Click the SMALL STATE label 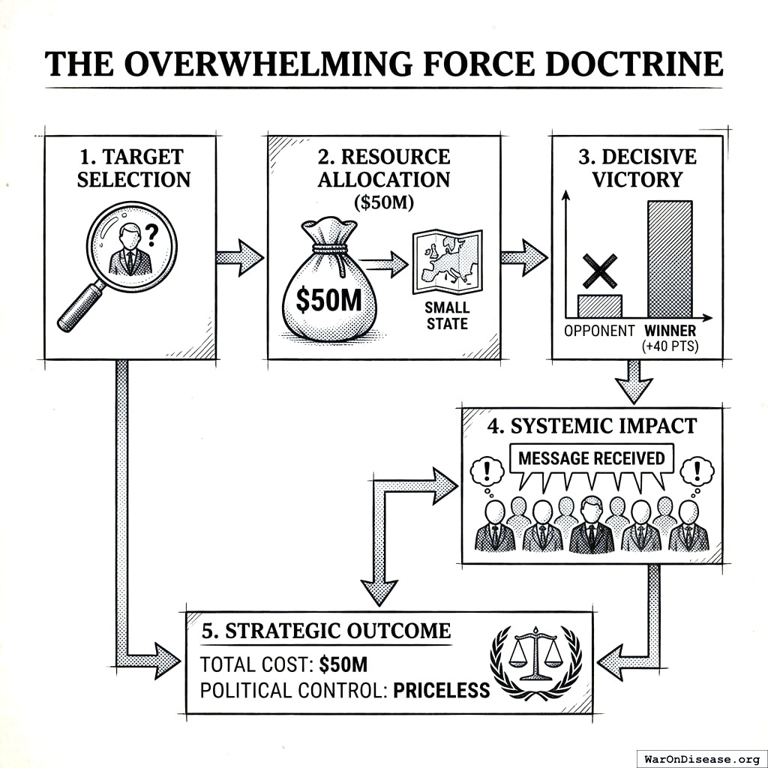tap(446, 316)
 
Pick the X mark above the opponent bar tap(600, 271)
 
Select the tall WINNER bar tap(670, 259)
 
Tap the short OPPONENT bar tap(600, 305)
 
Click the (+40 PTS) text tap(670, 346)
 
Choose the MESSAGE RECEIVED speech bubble tap(592, 458)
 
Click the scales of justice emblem tap(535, 652)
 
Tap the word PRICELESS tap(441, 689)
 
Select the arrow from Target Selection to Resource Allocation tap(239, 257)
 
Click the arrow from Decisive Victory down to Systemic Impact tap(634, 381)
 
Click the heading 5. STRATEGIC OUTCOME tap(326, 630)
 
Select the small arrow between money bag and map tap(384, 263)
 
